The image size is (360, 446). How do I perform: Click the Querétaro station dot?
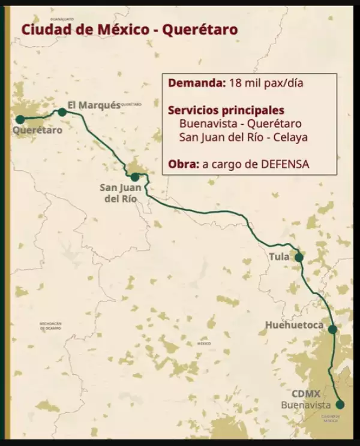coord(20,119)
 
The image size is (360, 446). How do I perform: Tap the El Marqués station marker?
coord(62,112)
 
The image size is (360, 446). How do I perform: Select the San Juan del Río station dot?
coord(135,177)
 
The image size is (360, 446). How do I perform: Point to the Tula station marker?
coord(299,258)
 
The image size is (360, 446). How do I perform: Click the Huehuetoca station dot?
coord(332,329)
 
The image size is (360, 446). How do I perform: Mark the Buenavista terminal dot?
coord(340,404)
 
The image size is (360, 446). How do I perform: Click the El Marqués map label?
coord(94,105)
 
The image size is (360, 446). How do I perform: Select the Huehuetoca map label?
coord(295,326)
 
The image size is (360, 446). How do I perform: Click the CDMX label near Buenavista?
coord(306,394)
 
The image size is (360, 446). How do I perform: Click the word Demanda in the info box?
coord(196,83)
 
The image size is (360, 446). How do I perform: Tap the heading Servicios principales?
coord(226,111)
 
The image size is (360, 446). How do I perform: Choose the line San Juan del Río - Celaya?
coord(244,137)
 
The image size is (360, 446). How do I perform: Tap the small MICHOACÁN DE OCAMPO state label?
coord(51,326)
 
